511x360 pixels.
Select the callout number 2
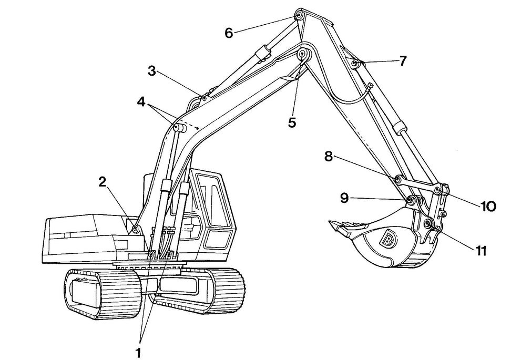(103, 182)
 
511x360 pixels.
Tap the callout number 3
(152, 71)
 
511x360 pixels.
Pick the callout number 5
(292, 122)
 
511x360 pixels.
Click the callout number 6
(229, 33)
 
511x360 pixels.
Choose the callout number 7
(402, 60)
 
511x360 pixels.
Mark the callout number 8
(329, 157)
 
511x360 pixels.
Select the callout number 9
(344, 198)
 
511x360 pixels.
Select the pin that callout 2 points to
(136, 229)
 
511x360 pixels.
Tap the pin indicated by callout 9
(409, 200)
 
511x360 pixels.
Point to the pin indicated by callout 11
(429, 224)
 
